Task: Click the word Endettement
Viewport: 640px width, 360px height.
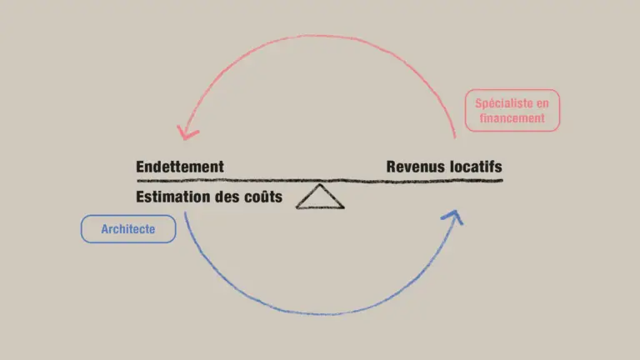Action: tap(180, 167)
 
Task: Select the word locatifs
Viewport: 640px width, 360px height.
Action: tap(477, 167)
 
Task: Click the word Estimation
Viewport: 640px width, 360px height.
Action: tap(172, 197)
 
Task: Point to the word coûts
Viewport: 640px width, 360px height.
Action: tap(263, 197)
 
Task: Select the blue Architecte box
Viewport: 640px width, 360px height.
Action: tap(128, 229)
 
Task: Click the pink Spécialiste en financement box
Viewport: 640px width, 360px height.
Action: tap(512, 110)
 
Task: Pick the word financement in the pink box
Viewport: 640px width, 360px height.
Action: tap(512, 118)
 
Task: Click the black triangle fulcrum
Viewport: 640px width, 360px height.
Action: tap(320, 197)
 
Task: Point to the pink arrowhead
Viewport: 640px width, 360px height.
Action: tap(187, 132)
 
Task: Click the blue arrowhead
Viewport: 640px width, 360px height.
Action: tap(453, 217)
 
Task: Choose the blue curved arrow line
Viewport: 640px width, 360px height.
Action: tap(322, 314)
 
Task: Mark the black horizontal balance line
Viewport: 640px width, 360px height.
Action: tap(320, 180)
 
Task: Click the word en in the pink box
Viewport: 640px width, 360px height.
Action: tap(542, 103)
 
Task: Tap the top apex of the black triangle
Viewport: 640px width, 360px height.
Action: tap(320, 184)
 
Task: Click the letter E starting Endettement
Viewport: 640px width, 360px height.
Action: tap(140, 167)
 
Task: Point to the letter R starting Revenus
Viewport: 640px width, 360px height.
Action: tap(392, 167)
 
